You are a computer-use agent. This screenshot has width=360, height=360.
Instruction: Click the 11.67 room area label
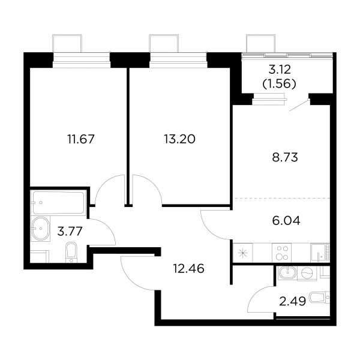coord(81,139)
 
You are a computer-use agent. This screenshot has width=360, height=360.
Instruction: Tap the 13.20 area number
coord(179,139)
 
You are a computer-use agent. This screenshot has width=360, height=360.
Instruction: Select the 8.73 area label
coord(285,158)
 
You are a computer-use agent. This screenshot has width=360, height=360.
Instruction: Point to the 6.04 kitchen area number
coord(286,221)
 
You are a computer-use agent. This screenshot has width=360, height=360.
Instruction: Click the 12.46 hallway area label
coord(189,268)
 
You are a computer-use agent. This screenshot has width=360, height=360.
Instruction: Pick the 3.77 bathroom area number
coord(70,231)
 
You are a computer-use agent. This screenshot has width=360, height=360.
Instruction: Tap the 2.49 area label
coord(293,301)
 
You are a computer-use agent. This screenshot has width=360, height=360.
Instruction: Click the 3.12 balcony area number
coord(280,70)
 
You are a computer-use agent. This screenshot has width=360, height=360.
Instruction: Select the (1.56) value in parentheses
coord(279,84)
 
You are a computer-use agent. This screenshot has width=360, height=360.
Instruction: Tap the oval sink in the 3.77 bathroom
coord(41,229)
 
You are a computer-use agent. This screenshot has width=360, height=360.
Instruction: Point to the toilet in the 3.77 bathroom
coord(71,253)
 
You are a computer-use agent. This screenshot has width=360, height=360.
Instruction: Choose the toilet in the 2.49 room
coord(320,298)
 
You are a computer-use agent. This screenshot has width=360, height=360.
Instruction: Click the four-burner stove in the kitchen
coord(282,253)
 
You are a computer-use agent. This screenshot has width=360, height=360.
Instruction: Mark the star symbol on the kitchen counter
coord(242,253)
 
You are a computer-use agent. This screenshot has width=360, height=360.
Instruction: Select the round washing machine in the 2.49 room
coord(307,274)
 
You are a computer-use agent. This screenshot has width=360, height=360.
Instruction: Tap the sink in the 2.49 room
coord(287,273)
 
